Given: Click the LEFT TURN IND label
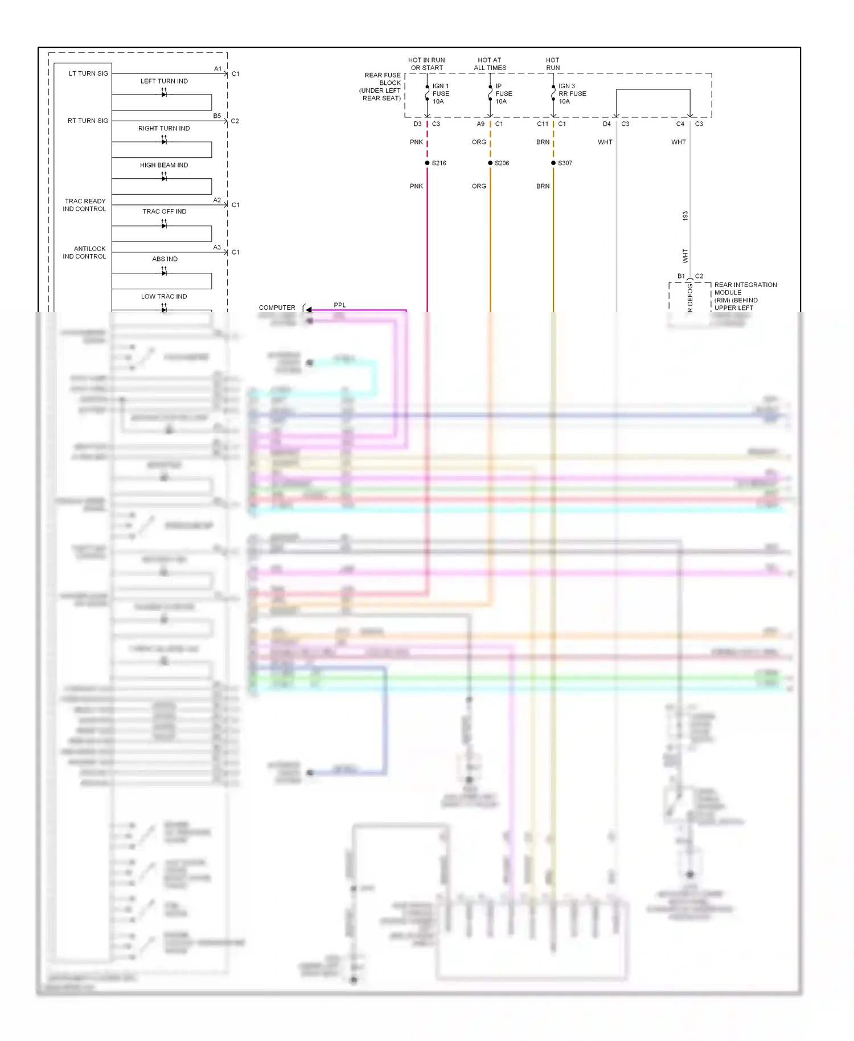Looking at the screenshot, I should pos(164,81).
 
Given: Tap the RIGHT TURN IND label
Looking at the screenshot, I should pos(164,129).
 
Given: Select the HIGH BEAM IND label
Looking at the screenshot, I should pos(164,165).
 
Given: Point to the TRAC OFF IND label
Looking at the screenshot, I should pos(164,212).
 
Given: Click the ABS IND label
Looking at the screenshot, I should pos(165,259).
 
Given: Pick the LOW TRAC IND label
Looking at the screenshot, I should pos(164,297).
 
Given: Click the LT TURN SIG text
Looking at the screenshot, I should pos(88,73).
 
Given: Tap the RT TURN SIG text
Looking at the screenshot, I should pos(88,121).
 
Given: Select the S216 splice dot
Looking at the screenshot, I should pos(427,163).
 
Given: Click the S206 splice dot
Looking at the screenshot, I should pos(490,163).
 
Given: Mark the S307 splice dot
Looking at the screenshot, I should pos(553,163).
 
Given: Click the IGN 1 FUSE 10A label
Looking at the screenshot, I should pos(441,94).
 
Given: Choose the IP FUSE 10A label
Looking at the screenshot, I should pos(503,94).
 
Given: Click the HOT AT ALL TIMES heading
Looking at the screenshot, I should pos(490,64).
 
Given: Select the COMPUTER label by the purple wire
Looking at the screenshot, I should pos(277,308).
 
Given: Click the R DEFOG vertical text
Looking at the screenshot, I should pos(690,297).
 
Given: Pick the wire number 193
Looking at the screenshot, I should pos(685,216).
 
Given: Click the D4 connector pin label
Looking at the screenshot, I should pos(607,124).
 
